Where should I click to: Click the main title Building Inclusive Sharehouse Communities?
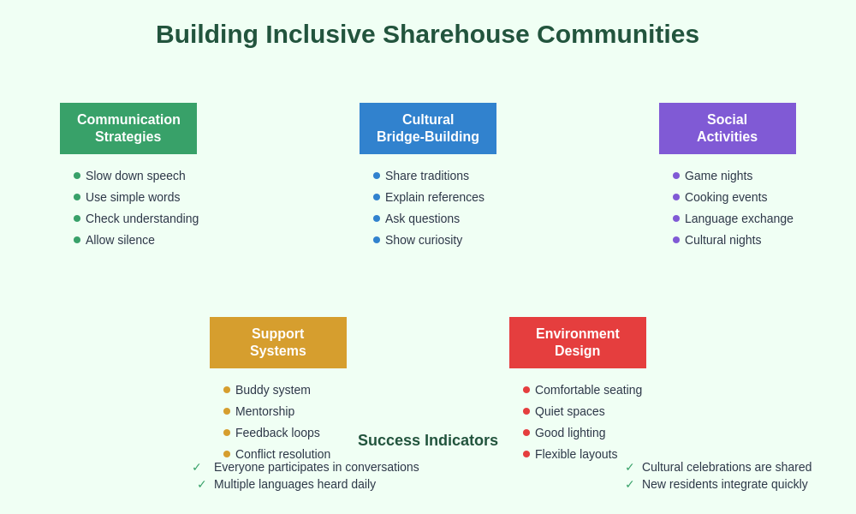(x=427, y=34)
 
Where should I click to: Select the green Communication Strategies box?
(x=128, y=128)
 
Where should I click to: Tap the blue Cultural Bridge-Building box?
(x=428, y=128)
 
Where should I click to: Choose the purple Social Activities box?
(x=728, y=128)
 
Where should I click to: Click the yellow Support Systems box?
(x=278, y=343)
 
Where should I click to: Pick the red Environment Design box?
(x=578, y=343)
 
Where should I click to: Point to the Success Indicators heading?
(x=428, y=440)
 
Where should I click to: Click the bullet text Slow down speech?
(x=135, y=176)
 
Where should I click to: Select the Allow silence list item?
(x=120, y=240)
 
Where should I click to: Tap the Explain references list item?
(x=435, y=197)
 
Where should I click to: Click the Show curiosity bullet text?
(x=424, y=240)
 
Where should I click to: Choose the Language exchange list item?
(x=739, y=218)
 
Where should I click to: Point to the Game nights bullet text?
(x=718, y=176)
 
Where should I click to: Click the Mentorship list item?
(x=265, y=411)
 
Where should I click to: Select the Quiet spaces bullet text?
(x=569, y=411)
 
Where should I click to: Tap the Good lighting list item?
(x=570, y=433)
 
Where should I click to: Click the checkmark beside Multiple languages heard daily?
(x=202, y=484)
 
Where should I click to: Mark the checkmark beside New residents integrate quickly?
(x=630, y=484)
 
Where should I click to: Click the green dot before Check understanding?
(x=77, y=218)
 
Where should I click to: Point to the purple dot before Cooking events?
(x=676, y=197)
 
